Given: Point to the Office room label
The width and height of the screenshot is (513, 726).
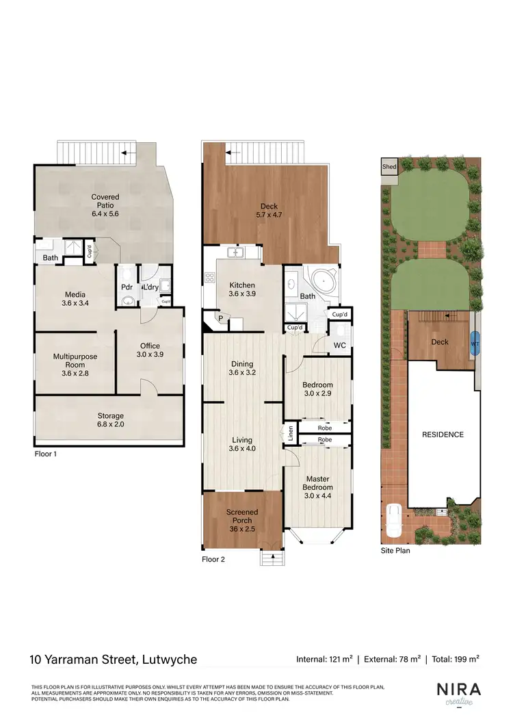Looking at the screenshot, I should click(x=150, y=346).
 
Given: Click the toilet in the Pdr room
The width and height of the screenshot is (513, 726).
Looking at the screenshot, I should click(x=127, y=299).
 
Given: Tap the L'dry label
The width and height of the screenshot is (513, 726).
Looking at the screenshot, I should click(x=150, y=287).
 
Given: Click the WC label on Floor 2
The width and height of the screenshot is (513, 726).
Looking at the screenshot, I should click(x=339, y=345).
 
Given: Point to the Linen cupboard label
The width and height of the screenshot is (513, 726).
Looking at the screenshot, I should click(x=291, y=433).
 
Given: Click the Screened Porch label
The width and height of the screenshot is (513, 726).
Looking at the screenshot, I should click(x=242, y=516).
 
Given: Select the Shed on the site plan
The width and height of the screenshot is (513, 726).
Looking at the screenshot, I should click(x=389, y=166).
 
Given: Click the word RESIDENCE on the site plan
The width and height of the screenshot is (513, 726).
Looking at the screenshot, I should click(x=442, y=435).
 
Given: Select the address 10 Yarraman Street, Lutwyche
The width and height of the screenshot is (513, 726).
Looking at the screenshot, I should click(x=114, y=660).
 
